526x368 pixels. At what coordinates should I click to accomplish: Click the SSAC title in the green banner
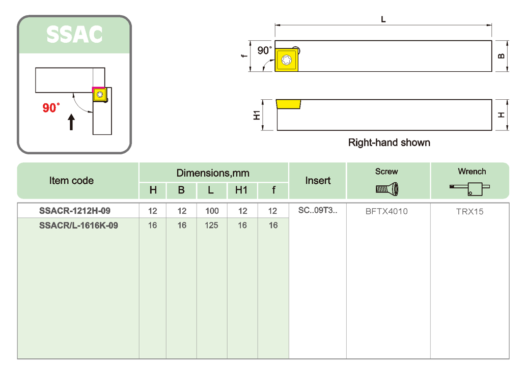click(x=74, y=34)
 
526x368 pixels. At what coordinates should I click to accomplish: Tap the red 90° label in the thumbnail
click(x=51, y=107)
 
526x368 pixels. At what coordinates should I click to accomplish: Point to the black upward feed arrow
click(x=71, y=122)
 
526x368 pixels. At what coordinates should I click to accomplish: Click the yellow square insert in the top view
click(x=287, y=60)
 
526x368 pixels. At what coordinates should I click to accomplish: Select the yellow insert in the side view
click(x=289, y=104)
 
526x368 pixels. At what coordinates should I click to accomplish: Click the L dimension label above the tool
click(x=383, y=19)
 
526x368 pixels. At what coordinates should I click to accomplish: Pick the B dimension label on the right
click(x=502, y=56)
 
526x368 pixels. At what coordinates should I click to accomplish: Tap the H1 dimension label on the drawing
click(x=257, y=115)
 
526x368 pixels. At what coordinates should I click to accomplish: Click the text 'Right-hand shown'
click(x=389, y=143)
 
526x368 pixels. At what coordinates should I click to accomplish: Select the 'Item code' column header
click(x=71, y=181)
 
